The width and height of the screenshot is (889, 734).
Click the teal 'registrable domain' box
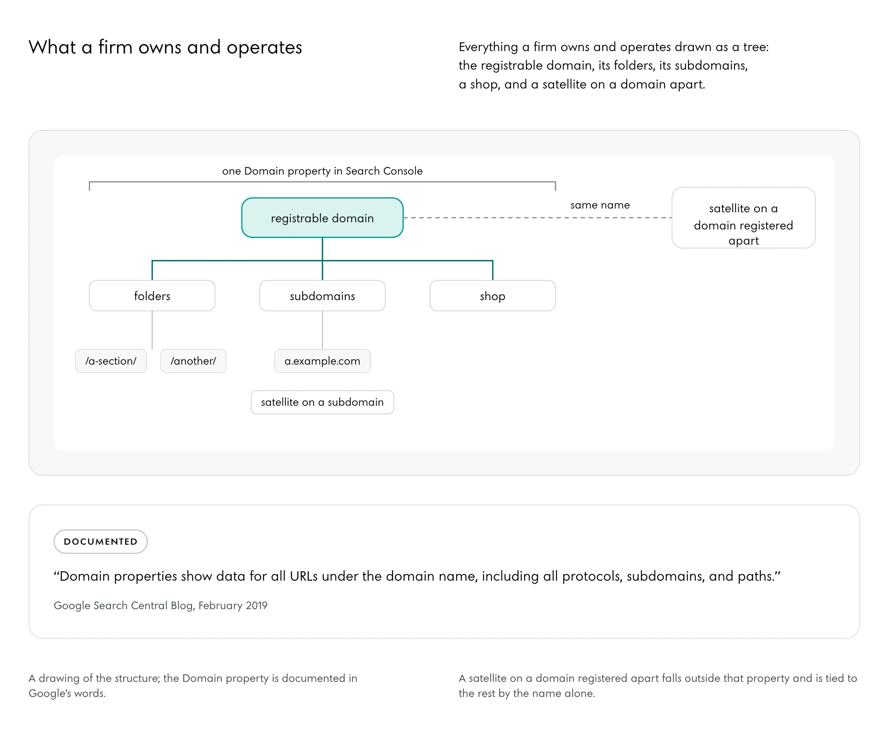(322, 218)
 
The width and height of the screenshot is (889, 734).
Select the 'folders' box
(152, 296)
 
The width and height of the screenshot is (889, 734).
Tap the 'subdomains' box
(322, 296)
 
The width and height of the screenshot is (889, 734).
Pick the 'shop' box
(493, 296)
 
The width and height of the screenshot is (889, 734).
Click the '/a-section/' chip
(111, 361)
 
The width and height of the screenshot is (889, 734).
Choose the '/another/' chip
(193, 361)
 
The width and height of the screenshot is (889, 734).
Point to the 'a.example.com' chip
(322, 361)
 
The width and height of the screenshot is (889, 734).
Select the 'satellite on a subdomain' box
(322, 402)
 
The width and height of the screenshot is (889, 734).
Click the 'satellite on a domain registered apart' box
(743, 218)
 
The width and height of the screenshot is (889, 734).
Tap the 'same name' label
(600, 205)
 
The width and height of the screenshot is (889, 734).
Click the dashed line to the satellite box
(537, 218)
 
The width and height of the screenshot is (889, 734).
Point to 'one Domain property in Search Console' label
(322, 171)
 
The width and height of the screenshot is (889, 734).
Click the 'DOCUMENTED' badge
(100, 541)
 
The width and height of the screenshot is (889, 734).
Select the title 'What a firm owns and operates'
(165, 47)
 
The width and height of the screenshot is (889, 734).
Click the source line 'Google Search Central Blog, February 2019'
(161, 605)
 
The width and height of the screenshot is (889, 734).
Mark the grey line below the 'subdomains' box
(322, 330)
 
